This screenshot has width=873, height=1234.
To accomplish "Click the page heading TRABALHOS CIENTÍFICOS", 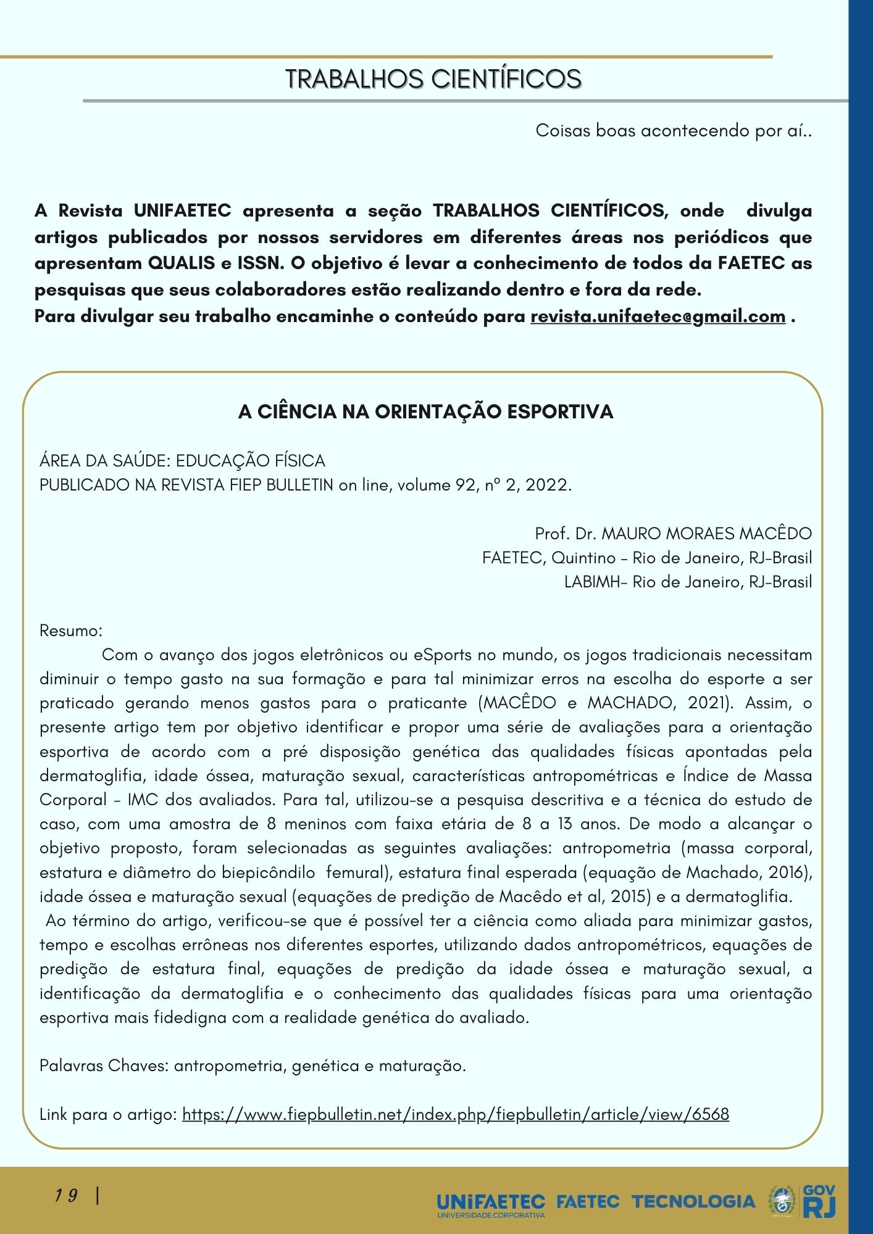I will pos(433,80).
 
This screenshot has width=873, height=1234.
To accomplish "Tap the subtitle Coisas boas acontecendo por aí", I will pos(673,131).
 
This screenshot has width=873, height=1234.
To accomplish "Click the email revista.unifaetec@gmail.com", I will pos(658,317).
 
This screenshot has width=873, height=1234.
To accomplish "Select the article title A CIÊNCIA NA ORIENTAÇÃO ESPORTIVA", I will pos(425,412).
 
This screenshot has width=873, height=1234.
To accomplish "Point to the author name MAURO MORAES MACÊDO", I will pos(706,534).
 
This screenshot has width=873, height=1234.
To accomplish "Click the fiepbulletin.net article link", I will pos(456,1114).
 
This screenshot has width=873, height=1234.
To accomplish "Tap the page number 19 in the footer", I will pos(65,1196).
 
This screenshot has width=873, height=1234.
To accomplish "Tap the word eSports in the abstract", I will pos(441,655).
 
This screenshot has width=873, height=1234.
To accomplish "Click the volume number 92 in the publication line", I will pos(465,485).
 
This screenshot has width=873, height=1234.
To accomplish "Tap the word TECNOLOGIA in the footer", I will pos(693,1201).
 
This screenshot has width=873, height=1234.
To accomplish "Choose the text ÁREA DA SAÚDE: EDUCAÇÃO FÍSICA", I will pos(182,461).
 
